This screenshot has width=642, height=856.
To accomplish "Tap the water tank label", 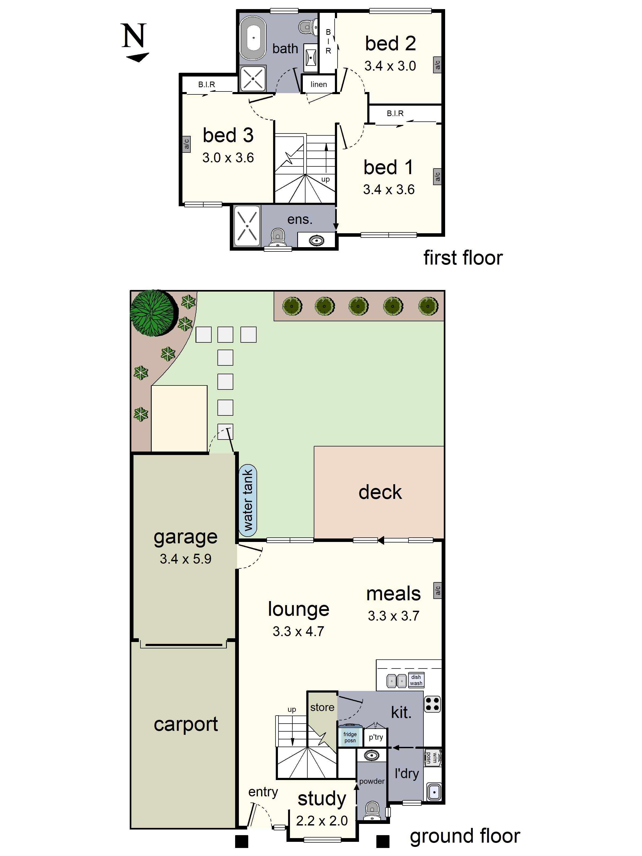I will [x=248, y=500].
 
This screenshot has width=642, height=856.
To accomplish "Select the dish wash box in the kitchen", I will [x=416, y=680].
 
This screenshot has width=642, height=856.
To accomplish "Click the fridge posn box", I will [x=350, y=737].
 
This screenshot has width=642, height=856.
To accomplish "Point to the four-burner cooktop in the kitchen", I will [x=432, y=704].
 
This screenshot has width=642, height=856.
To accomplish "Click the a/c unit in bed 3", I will [x=186, y=144].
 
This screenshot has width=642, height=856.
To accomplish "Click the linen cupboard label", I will [x=319, y=84].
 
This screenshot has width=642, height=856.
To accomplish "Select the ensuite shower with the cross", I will [x=247, y=226].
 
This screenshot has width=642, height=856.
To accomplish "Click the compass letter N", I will [x=134, y=36].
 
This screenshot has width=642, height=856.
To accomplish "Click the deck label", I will [x=380, y=492].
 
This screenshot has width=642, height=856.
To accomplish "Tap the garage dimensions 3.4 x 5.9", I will [x=185, y=559].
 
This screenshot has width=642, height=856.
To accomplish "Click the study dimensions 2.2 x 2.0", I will [x=322, y=820].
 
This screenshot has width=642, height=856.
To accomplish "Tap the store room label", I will [x=322, y=707].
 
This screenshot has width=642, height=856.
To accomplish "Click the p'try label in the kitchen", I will [x=375, y=737].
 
